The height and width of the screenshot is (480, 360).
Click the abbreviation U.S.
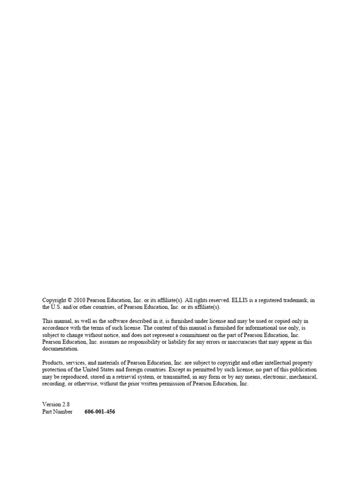click(x=56, y=307)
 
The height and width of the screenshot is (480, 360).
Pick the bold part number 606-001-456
click(x=100, y=412)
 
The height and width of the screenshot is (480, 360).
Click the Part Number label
click(x=57, y=412)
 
